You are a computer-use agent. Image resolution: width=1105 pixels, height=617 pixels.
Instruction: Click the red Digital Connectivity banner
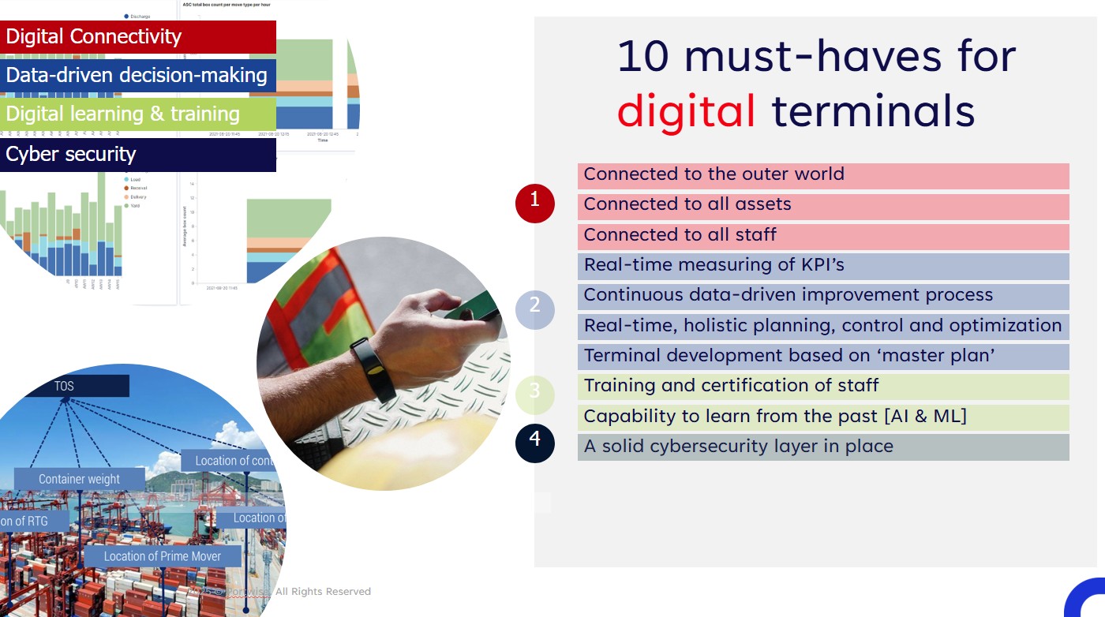138,37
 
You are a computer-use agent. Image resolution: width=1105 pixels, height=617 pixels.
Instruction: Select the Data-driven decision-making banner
138,76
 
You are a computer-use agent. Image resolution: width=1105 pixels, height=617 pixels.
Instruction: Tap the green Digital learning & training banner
138,114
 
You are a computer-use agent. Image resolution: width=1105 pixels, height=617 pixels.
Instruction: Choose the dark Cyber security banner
138,155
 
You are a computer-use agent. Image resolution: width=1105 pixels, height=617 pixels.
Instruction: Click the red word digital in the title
686,110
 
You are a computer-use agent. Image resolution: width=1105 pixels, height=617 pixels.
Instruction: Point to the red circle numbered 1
535,203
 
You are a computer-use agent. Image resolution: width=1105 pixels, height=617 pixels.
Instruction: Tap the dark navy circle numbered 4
535,442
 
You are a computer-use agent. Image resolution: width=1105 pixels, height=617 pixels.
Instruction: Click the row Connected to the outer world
823,175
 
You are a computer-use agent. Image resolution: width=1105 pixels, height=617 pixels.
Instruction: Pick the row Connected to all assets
823,205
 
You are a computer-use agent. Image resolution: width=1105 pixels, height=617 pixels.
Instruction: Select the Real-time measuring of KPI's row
823,266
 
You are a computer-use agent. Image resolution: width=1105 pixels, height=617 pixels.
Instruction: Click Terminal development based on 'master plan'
823,357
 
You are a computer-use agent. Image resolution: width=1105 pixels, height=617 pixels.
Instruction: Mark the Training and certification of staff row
823,387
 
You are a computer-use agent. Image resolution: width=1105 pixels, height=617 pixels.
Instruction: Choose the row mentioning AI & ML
823,417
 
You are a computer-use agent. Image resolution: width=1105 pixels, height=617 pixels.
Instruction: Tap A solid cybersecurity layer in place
823,447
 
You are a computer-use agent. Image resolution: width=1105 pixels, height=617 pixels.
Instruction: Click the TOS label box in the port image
66,387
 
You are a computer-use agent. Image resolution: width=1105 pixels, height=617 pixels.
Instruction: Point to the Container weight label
80,479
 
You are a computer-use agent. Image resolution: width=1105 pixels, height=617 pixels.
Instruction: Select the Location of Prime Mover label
162,556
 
